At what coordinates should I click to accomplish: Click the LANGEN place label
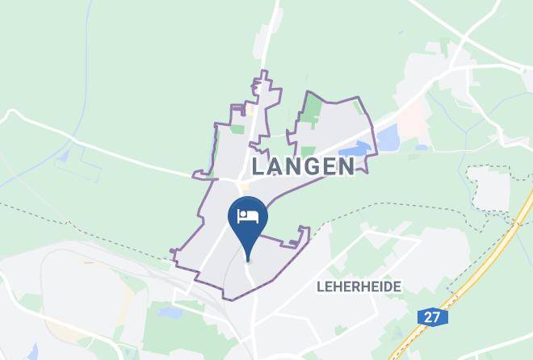(x=303, y=166)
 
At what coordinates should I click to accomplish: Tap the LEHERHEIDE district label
(x=359, y=287)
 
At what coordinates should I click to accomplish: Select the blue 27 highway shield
(x=433, y=317)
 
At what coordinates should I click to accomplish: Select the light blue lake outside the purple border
(x=388, y=140)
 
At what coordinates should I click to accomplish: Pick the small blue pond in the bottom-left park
(x=172, y=312)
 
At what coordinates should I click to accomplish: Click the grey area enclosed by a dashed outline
(x=489, y=190)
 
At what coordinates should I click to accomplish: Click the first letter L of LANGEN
(x=258, y=166)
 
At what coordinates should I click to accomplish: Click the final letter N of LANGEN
(x=346, y=166)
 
